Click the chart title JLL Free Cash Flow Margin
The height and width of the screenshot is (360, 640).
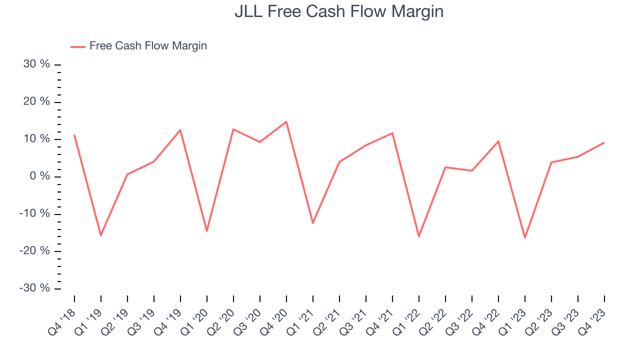339,11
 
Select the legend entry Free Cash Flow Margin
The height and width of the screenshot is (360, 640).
148,46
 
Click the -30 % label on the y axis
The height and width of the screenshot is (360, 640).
35,288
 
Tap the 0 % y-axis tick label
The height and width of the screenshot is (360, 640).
40,176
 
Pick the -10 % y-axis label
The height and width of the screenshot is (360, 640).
35,214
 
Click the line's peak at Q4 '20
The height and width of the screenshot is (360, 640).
286,121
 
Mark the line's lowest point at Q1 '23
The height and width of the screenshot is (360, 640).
525,237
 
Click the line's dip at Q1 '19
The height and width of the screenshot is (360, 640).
101,235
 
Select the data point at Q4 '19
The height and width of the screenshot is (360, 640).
180,130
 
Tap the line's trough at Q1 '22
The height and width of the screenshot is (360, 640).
418,236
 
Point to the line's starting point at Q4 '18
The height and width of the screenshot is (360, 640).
74,135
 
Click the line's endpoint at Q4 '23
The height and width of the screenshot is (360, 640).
604,142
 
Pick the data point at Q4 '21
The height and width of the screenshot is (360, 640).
392,133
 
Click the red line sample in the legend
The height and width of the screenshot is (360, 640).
78,46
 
